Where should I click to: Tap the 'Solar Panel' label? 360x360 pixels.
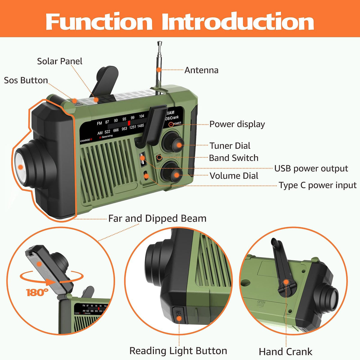click(59, 61)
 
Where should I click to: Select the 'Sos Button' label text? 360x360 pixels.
click(26, 80)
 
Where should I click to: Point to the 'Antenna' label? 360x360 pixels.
click(201, 70)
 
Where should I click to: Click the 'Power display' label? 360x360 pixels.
click(237, 124)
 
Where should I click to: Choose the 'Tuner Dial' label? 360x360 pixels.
click(230, 146)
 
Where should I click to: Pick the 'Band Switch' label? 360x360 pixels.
click(233, 158)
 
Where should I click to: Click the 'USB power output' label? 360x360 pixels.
click(311, 169)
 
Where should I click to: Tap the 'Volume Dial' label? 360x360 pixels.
click(234, 176)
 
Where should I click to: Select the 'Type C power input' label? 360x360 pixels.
click(318, 185)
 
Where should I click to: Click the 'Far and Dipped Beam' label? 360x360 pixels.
click(157, 218)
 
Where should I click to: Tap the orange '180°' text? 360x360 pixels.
click(37, 292)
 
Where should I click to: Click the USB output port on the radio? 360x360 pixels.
click(142, 160)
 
